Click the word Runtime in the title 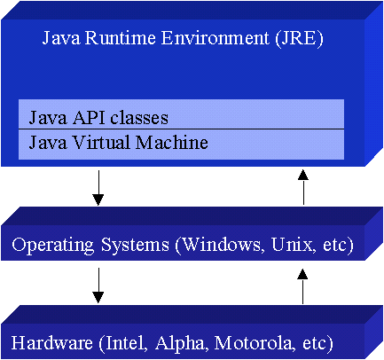(120, 38)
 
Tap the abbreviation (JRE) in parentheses (299, 39)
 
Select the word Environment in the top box (215, 38)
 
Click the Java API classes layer (181, 114)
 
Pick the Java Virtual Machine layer (181, 145)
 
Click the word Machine (171, 143)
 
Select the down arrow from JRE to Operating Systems (98, 188)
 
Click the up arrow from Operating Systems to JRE (303, 187)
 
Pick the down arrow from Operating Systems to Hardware (98, 286)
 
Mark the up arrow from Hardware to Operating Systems (302, 286)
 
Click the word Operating (53, 246)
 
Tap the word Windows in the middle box (219, 246)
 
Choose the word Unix (292, 245)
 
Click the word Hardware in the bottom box (52, 343)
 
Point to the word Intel (123, 343)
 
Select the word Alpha (179, 344)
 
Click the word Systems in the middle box (135, 246)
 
